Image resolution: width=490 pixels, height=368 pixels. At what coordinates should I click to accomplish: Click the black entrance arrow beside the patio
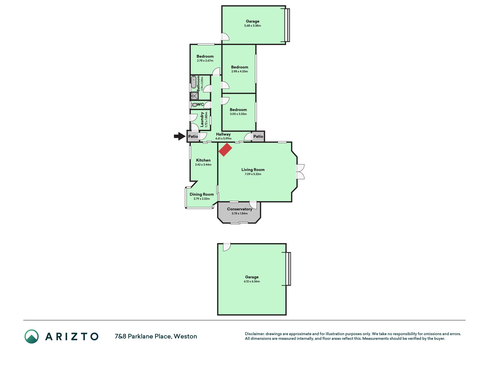click(x=180, y=136)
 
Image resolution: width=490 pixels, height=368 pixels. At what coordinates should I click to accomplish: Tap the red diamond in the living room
click(x=225, y=149)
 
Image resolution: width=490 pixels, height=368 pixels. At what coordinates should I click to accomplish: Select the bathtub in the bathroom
click(x=194, y=82)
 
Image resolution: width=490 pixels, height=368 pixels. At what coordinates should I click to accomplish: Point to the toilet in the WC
click(x=194, y=105)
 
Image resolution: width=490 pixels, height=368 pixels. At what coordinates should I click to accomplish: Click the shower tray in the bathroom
click(x=194, y=96)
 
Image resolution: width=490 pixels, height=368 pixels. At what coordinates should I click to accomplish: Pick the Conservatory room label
click(x=239, y=209)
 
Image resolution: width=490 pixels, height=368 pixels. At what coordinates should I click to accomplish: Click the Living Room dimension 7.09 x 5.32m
click(x=253, y=174)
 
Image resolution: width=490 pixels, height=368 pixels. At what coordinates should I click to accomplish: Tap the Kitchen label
click(x=203, y=160)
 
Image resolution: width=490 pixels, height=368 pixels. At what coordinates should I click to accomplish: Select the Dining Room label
click(x=202, y=194)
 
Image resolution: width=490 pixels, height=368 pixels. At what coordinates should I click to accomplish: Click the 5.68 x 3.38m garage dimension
click(x=253, y=26)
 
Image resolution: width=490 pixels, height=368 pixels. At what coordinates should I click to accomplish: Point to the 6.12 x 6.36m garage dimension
click(x=252, y=281)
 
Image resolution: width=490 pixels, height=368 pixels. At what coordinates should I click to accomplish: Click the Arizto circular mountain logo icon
click(x=31, y=336)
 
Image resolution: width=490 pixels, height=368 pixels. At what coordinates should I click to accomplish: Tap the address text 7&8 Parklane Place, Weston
click(x=156, y=336)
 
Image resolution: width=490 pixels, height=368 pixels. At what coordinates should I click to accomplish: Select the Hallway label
click(x=223, y=134)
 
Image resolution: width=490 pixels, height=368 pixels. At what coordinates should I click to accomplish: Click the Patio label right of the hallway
click(x=258, y=136)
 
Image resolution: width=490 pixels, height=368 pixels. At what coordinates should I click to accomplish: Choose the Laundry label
click(x=202, y=119)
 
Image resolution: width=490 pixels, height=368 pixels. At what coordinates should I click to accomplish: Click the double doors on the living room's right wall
click(x=300, y=172)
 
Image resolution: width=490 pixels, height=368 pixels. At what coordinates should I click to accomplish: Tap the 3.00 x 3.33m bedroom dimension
click(x=238, y=114)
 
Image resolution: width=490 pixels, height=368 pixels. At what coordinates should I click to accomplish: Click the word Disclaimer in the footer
click(x=254, y=334)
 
